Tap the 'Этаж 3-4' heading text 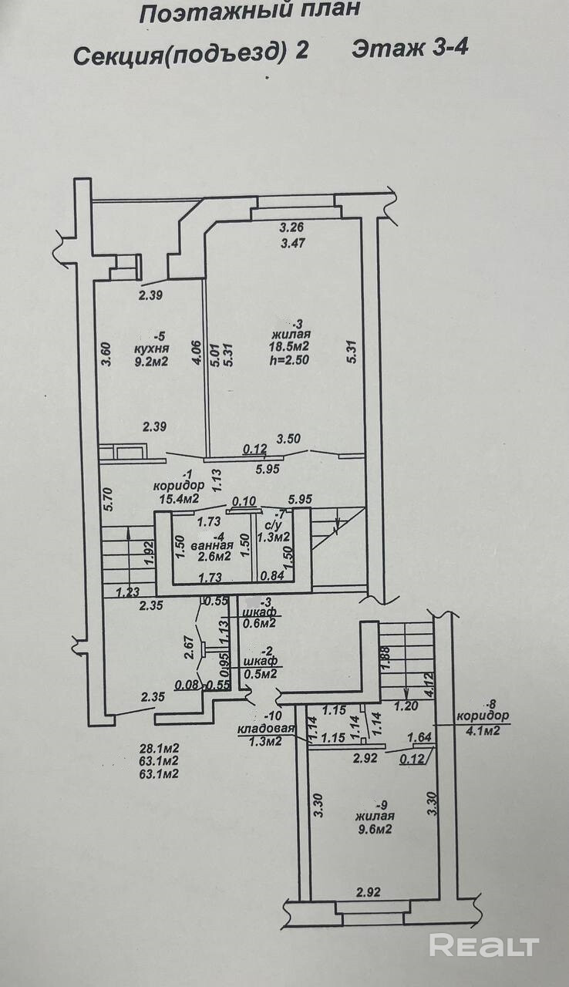409,49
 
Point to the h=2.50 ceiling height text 289,359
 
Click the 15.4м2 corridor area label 178,498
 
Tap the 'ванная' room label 212,545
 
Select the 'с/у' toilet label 273,525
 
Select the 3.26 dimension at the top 292,227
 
